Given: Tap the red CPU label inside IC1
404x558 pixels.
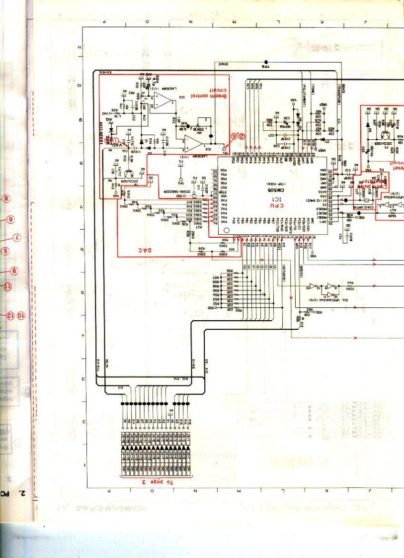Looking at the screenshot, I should click(x=274, y=205).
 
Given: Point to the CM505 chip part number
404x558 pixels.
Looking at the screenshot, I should click(x=274, y=190).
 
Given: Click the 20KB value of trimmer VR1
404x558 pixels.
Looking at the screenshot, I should click(x=204, y=125).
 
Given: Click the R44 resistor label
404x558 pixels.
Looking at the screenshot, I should click(x=350, y=282).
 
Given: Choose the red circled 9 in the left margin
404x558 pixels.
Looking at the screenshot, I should click(x=15, y=271).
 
